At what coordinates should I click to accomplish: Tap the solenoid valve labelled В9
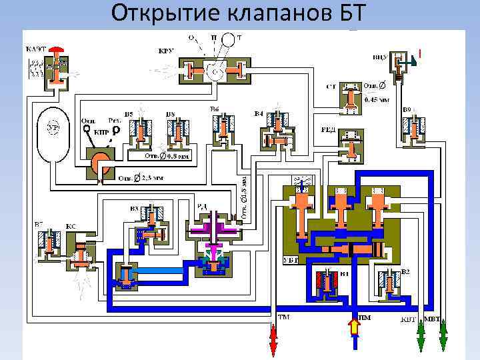point(415,129)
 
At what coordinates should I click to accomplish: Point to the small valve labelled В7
point(49,243)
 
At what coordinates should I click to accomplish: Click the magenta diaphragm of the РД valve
point(214,230)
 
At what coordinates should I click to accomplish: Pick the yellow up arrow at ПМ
point(354,327)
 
